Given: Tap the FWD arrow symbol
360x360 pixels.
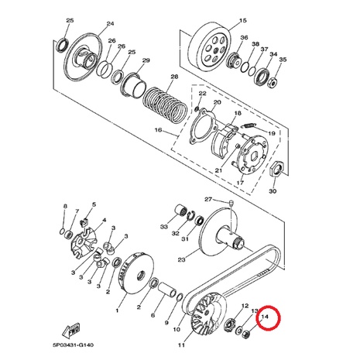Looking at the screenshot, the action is click(71, 331).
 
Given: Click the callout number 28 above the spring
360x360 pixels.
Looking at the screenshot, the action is click(174, 77).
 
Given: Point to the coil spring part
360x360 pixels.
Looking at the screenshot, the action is click(166, 102).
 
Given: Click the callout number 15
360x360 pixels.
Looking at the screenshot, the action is click(243, 20).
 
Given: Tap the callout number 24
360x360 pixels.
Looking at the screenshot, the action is click(110, 23).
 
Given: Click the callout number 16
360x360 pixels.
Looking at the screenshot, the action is click(158, 129).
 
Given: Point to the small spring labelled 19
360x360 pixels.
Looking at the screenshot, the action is click(249, 126).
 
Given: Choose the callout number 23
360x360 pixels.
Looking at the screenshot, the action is click(181, 259).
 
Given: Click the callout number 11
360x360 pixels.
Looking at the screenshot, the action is click(181, 345).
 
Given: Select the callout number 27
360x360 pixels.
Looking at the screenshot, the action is click(208, 199).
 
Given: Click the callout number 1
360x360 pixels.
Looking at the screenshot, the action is click(117, 310).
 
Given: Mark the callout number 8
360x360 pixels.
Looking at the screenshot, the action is click(65, 206).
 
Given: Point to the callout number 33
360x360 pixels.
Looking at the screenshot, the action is click(163, 227).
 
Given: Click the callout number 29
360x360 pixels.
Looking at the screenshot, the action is click(146, 60).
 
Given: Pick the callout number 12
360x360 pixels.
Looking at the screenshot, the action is click(245, 306).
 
